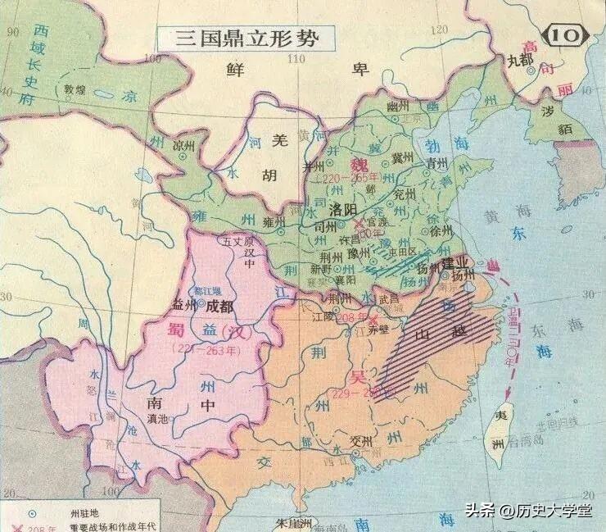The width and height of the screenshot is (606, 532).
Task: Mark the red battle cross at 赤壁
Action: pyautogui.click(x=373, y=318)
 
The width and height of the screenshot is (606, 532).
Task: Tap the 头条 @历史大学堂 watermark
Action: pyautogui.click(x=533, y=512)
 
